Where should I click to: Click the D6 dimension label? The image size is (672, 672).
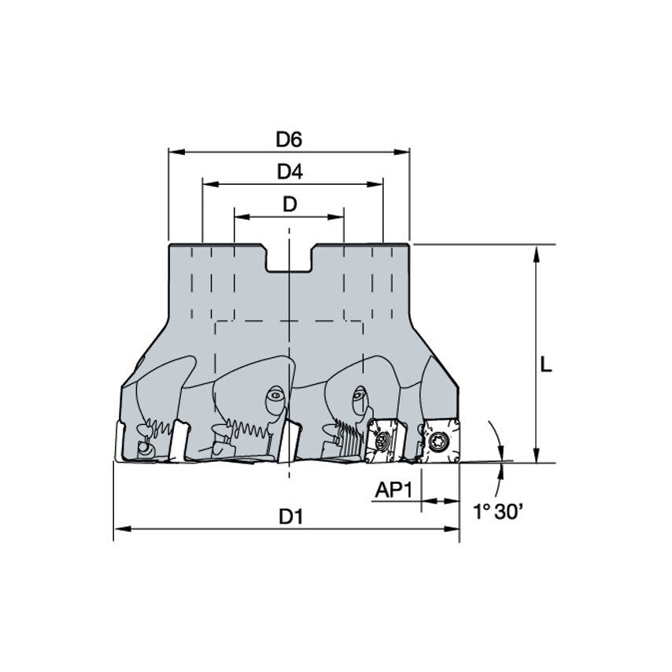click(x=289, y=139)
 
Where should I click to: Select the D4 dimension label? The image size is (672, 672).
click(x=290, y=172)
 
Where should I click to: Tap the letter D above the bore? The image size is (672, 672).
click(x=290, y=205)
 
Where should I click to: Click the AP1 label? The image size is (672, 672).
click(x=393, y=490)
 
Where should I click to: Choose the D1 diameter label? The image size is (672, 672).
click(x=291, y=517)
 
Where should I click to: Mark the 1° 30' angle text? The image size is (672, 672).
click(x=498, y=512)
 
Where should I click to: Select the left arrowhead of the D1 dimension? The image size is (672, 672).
click(x=120, y=530)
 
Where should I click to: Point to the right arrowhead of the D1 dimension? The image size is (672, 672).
click(x=454, y=530)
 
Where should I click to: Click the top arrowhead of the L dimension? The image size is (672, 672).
click(x=536, y=251)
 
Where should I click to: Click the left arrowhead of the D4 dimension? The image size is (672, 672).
click(x=207, y=184)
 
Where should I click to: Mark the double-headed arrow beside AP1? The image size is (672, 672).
click(x=440, y=500)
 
